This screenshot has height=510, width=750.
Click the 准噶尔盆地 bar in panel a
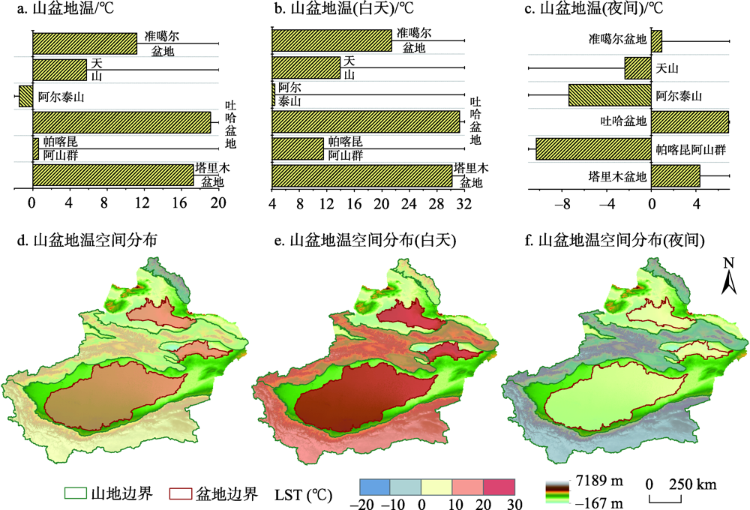84,43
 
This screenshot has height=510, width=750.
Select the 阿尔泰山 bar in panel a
25,96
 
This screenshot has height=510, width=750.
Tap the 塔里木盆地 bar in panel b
361,175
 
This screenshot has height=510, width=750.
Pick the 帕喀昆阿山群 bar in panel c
592,148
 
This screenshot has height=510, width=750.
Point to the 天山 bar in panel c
637,69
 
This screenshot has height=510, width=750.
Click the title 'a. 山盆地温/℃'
53,10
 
